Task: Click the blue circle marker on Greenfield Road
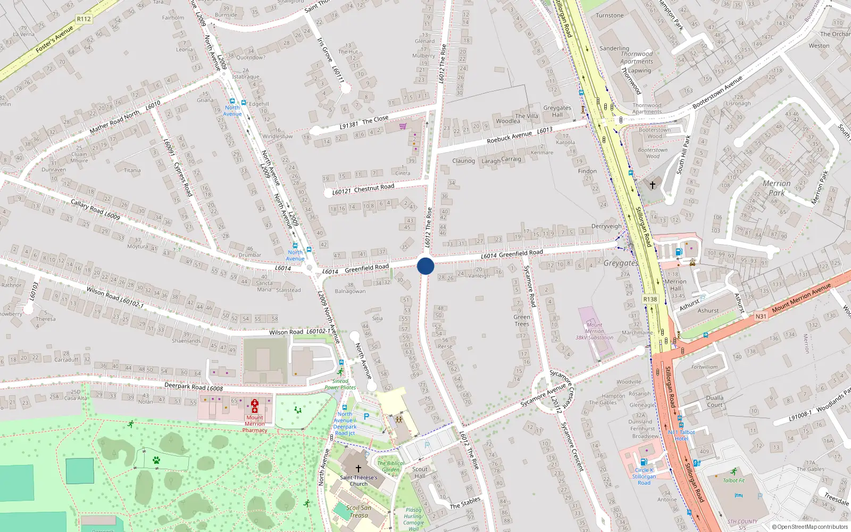click(425, 265)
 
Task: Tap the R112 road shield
click(84, 19)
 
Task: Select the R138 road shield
click(650, 299)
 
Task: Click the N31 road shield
click(761, 316)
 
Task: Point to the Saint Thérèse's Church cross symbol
click(358, 469)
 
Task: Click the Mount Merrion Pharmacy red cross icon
click(255, 406)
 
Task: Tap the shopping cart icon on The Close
click(403, 126)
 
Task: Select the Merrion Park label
click(777, 188)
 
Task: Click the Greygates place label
click(620, 263)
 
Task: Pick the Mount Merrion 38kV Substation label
click(595, 331)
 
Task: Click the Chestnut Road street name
click(374, 188)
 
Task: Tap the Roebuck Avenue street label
click(509, 137)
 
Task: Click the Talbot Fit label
click(734, 480)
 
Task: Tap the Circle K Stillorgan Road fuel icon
click(644, 462)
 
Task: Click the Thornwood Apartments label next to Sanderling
click(637, 57)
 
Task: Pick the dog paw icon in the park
click(156, 460)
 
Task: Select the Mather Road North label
click(114, 121)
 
